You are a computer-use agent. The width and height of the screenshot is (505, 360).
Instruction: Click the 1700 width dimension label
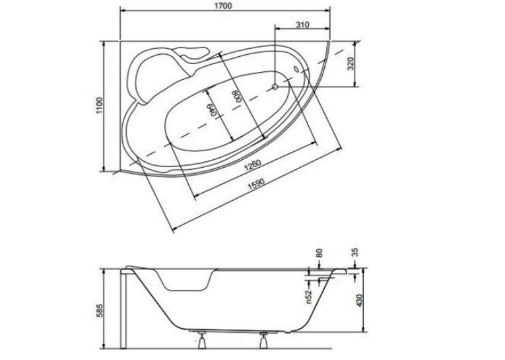point(225,6)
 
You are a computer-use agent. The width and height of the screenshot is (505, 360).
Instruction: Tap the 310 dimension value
point(303,24)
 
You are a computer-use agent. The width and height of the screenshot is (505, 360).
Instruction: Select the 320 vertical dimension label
point(351,63)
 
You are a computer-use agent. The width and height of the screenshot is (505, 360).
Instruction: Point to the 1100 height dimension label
point(100,105)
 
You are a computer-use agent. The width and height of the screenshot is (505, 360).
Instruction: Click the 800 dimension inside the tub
point(237,96)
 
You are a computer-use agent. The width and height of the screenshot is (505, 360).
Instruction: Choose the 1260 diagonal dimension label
point(252,164)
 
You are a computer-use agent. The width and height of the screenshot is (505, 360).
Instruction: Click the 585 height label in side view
point(100,310)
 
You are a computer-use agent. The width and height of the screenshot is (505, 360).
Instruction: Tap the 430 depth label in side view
point(360,301)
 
